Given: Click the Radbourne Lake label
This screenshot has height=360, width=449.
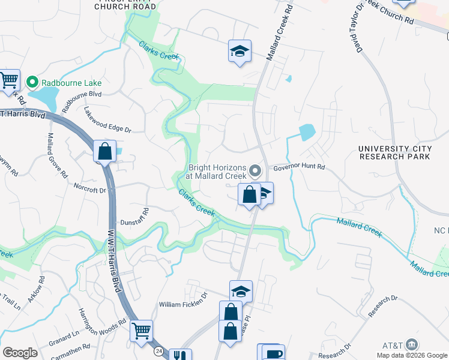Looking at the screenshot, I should (71, 83).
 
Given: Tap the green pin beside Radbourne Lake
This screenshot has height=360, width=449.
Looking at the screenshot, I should (32, 82).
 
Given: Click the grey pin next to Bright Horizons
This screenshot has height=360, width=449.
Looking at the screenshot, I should (256, 172).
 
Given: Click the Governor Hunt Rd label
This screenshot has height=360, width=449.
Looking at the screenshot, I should (299, 167).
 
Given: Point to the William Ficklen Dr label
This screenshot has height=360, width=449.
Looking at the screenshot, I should (182, 304).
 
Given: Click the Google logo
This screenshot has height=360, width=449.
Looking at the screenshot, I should (20, 352).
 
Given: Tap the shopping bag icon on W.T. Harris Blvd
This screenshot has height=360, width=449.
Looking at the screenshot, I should (105, 151).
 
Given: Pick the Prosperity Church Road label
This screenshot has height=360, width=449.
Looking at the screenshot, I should (125, 5).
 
